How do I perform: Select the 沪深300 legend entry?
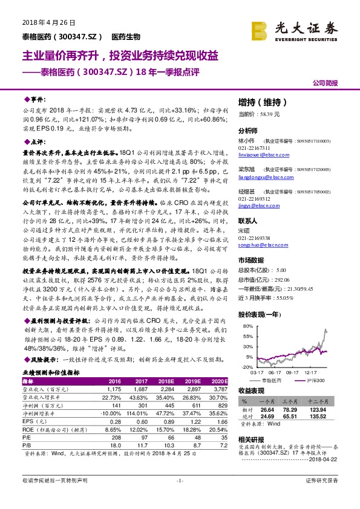click(x=313, y=380)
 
